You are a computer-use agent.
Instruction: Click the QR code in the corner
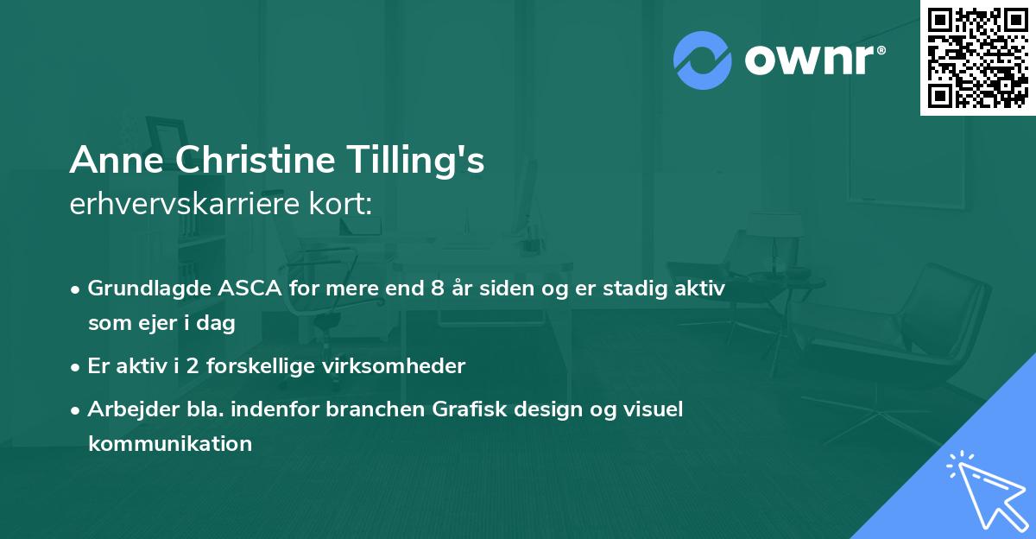[x=977, y=57]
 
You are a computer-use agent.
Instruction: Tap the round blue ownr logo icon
[x=702, y=60]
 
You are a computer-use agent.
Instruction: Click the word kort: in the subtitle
[x=344, y=206]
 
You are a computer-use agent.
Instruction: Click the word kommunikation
[x=169, y=444]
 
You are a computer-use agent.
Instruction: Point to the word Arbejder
[x=124, y=409]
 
